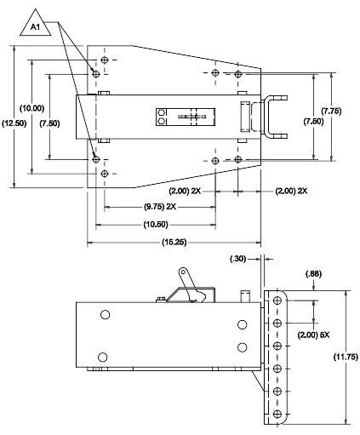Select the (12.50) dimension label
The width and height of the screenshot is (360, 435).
pyautogui.click(x=14, y=123)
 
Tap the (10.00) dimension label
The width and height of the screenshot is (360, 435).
pyautogui.click(x=31, y=108)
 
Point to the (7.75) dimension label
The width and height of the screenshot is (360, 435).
pyautogui.click(x=331, y=111)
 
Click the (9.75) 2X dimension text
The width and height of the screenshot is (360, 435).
pyautogui.click(x=160, y=207)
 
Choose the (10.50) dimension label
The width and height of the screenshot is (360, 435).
pyautogui.click(x=156, y=225)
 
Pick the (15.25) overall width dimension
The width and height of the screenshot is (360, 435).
pyautogui.click(x=174, y=242)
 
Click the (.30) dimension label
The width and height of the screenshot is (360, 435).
pyautogui.click(x=237, y=259)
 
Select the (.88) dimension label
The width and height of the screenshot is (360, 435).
pyautogui.click(x=313, y=274)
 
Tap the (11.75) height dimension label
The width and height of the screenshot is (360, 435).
pyautogui.click(x=346, y=357)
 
